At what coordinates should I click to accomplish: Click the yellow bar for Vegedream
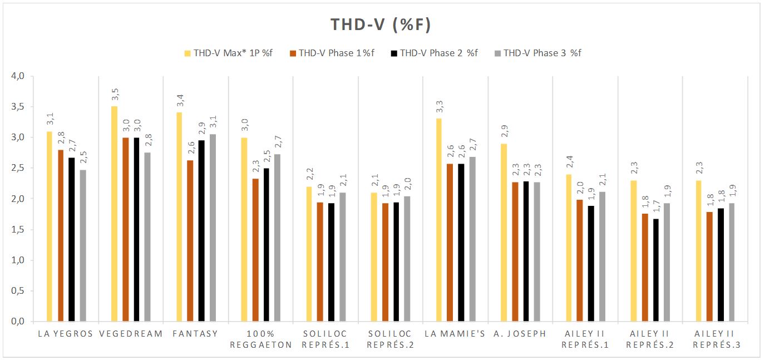(x=114, y=214)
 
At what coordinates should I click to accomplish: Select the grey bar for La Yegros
(x=83, y=245)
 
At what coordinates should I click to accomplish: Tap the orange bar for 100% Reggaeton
(x=255, y=250)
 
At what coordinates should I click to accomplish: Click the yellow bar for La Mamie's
(x=438, y=220)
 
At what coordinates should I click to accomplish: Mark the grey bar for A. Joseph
(x=536, y=251)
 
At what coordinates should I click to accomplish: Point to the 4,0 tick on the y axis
(x=19, y=76)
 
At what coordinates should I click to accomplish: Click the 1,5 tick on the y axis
(x=19, y=230)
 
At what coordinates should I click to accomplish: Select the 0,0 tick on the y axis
(x=19, y=322)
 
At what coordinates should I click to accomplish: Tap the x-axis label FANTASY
(x=195, y=334)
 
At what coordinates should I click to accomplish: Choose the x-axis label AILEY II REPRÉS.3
(x=714, y=339)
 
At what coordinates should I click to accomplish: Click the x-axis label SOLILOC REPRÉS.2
(x=390, y=339)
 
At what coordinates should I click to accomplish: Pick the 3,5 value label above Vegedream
(x=114, y=95)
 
